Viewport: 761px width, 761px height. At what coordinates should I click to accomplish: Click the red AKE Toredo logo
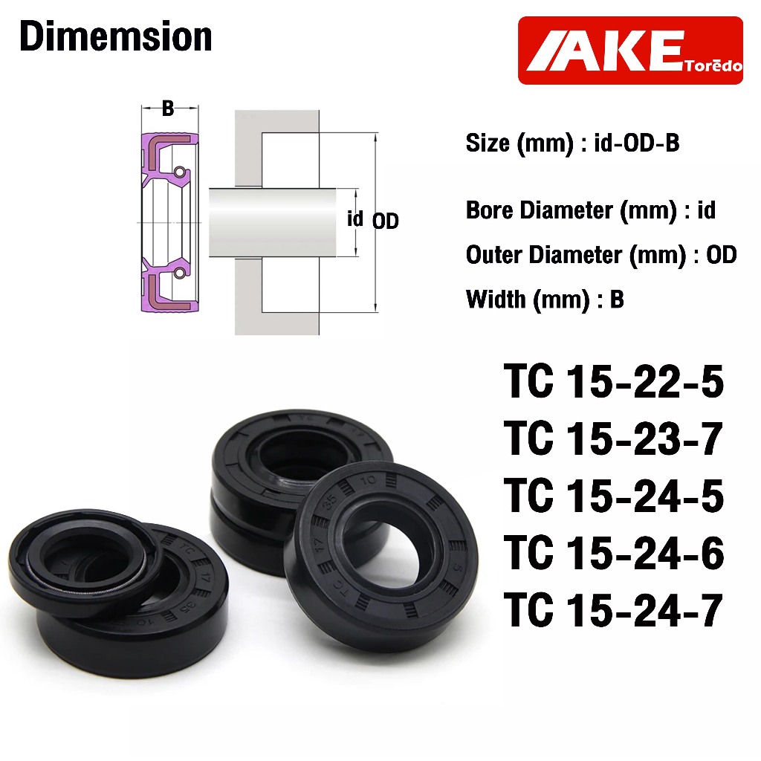(x=630, y=51)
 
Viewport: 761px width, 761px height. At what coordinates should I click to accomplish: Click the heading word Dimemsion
(x=116, y=36)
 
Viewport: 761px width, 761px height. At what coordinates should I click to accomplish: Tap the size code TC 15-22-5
(x=613, y=381)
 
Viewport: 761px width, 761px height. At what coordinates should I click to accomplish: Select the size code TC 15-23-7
(x=613, y=438)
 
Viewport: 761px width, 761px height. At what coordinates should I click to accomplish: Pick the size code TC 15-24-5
(x=613, y=496)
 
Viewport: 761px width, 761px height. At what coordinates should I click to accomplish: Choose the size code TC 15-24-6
(x=613, y=553)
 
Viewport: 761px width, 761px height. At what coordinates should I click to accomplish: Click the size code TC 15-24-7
(x=613, y=609)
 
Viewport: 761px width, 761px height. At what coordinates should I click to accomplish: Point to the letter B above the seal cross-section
(x=168, y=109)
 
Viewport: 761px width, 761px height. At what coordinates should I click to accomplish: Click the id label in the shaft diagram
(x=354, y=218)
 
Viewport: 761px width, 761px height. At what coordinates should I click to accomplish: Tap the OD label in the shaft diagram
(x=386, y=221)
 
